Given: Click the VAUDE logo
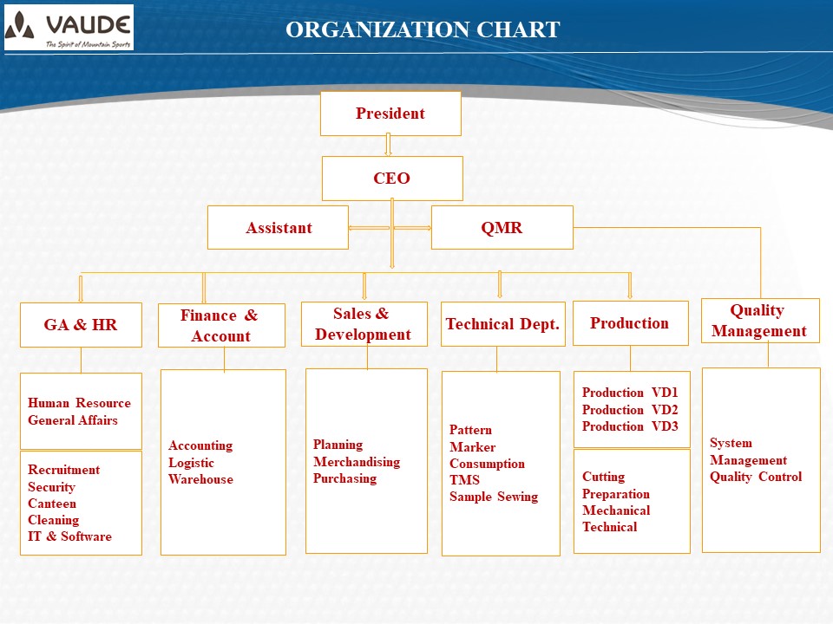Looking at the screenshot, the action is [69, 28].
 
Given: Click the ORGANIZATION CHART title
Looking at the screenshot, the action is [423, 29].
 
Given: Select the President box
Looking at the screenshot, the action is [390, 114].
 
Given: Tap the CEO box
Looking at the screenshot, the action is [392, 179].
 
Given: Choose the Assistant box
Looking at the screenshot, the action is [278, 228].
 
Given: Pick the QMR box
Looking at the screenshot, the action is [502, 228].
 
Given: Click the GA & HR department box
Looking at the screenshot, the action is [81, 325].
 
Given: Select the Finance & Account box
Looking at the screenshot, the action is [221, 325].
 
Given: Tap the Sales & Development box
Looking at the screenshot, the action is [364, 324].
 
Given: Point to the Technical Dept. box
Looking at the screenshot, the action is [503, 323].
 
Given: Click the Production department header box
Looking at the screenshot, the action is [631, 323].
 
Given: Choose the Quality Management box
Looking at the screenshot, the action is [760, 321].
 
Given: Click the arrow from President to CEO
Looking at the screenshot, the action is [389, 145].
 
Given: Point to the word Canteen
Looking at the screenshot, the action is [52, 503].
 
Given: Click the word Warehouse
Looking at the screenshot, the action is [200, 479].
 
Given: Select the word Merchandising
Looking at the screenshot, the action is [357, 462].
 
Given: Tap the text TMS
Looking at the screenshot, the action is [464, 479].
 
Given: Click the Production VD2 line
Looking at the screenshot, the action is [630, 410].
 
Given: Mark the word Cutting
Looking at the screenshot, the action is [604, 477].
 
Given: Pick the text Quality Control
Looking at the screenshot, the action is [756, 477].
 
